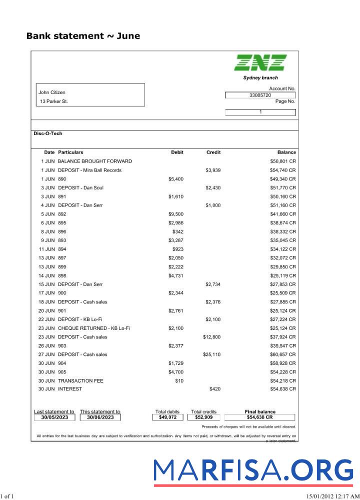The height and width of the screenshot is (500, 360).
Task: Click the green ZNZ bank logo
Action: pos(260,62)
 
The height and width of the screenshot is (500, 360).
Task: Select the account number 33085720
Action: pos(260,95)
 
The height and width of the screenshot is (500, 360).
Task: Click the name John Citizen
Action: pos(52,92)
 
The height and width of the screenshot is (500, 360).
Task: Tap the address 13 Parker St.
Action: pos(54,101)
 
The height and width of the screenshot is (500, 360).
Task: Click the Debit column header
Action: pos(177,152)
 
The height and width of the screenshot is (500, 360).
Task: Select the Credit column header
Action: pos(213,152)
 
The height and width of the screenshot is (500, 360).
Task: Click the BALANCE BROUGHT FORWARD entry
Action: pos(95,161)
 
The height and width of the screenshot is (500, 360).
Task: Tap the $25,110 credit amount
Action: pos(211,354)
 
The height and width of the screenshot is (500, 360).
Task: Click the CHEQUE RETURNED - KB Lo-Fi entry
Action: pos(94,328)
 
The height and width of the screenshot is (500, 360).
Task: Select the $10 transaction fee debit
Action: pos(179,381)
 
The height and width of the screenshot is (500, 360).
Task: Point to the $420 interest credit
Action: pos(215,389)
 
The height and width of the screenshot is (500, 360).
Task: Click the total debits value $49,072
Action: pos(167,417)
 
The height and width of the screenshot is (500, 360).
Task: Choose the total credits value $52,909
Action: pos(203,417)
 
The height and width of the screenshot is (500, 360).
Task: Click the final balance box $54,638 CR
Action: pos(260,417)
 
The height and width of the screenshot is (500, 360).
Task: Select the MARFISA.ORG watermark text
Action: pos(253,471)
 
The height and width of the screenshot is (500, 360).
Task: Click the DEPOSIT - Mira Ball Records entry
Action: pos(89,170)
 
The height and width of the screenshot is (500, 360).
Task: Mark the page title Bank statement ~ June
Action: pos(83,36)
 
